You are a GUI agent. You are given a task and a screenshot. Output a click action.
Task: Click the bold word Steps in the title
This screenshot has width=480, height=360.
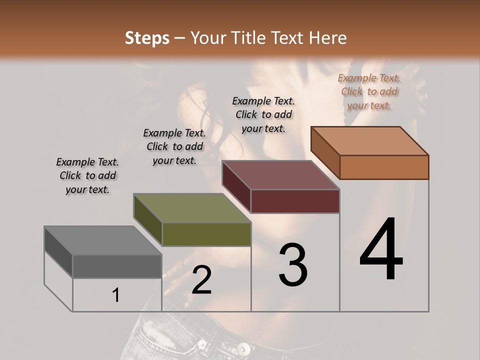coord(147,38)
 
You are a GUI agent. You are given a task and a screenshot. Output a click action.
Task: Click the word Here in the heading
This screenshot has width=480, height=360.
coord(327,38)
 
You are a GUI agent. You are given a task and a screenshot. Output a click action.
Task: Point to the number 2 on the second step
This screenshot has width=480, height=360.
coord(201,280)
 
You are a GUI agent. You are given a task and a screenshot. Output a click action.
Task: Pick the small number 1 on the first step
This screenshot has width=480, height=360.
coord(116,295)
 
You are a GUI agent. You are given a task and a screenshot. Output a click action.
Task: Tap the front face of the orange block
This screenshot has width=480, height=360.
coord(384,167)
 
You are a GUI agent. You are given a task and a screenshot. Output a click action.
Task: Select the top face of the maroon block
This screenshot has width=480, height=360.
coord(281,175)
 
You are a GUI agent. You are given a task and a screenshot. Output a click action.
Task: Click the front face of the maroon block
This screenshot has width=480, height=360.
coord(295,201)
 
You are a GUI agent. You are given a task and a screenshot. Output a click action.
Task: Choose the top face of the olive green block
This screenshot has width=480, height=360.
coord(192,208)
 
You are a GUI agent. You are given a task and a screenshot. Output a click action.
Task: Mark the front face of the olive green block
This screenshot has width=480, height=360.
coord(206,234)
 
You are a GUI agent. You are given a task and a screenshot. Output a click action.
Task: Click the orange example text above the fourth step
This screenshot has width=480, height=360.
coord(369,91)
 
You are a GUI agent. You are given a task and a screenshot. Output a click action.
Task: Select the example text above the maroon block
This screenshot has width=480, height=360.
coord(263,114)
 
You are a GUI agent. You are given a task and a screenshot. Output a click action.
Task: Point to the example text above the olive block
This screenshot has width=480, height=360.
coord(174,146)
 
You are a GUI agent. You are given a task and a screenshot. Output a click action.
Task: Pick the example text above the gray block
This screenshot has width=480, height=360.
coord(87,175)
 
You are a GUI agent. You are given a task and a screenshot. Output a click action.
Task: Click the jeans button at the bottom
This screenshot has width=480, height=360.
coord(244,348)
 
